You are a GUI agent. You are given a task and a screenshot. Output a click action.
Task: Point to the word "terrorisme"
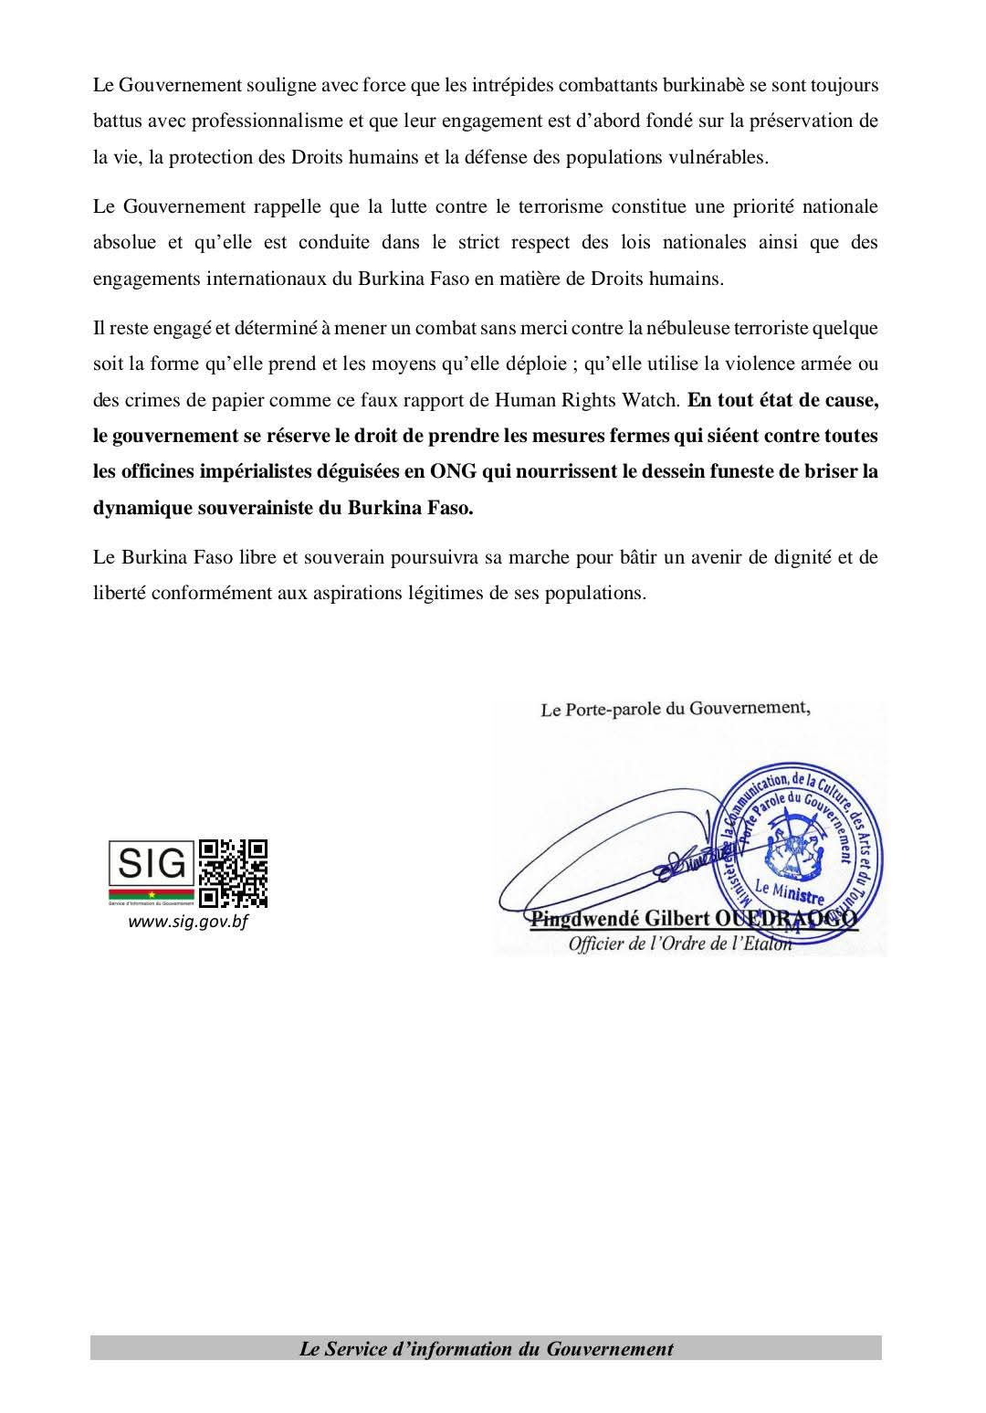pyautogui.click(x=556, y=206)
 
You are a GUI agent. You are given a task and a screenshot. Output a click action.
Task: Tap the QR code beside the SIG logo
pyautogui.click(x=233, y=872)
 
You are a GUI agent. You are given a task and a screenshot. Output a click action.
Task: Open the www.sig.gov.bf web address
pyautogui.click(x=188, y=922)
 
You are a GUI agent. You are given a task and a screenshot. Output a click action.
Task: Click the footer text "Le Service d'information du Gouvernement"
pyautogui.click(x=486, y=1348)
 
